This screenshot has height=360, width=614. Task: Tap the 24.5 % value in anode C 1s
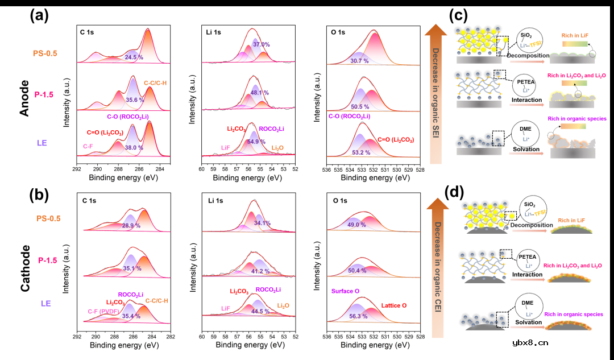[x=134, y=57]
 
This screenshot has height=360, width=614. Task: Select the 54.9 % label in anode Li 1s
[x=256, y=142]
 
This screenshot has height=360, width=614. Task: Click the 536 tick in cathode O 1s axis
[x=326, y=337]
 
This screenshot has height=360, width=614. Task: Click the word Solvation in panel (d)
[x=526, y=322]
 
